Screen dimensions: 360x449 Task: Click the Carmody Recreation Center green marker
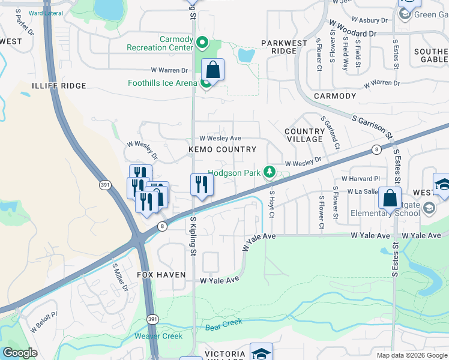(x=202, y=43)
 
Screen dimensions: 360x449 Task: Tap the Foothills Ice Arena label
(x=161, y=83)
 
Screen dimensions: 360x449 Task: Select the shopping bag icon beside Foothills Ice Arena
(x=213, y=70)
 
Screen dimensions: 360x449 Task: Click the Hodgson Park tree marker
(x=270, y=173)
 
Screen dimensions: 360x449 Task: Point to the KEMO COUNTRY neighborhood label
(x=222, y=149)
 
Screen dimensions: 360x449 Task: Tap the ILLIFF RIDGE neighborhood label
(x=60, y=86)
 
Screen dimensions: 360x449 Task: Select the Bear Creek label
(x=224, y=325)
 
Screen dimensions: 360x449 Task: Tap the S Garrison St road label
(x=372, y=129)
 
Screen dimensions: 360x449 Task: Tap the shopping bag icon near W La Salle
(x=390, y=199)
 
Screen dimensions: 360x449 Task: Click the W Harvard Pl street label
(x=361, y=179)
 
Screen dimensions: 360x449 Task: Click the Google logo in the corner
(x=20, y=353)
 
